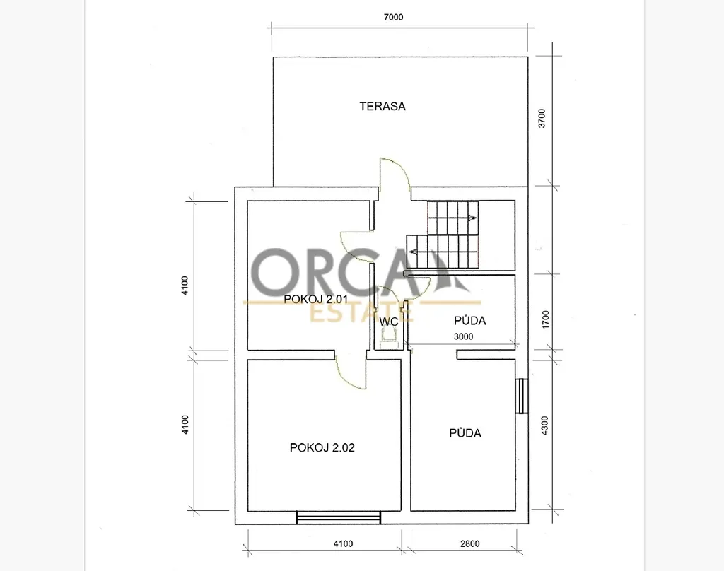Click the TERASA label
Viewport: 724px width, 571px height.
pyautogui.click(x=383, y=106)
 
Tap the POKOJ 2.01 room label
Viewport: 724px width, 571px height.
pyautogui.click(x=316, y=299)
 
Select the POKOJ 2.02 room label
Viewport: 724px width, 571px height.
pyautogui.click(x=322, y=447)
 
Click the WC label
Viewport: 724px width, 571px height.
pyautogui.click(x=389, y=322)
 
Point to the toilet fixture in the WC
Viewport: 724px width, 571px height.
pyautogui.click(x=388, y=341)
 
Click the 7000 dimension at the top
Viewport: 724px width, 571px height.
pyautogui.click(x=393, y=17)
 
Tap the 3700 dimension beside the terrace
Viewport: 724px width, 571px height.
pyautogui.click(x=542, y=118)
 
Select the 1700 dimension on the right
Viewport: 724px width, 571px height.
pyautogui.click(x=546, y=319)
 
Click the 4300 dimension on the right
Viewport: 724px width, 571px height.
pyautogui.click(x=545, y=425)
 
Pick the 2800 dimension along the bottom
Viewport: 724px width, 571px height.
pyautogui.click(x=469, y=543)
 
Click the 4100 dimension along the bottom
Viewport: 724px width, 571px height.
pyautogui.click(x=343, y=543)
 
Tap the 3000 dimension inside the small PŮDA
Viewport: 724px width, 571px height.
pyautogui.click(x=463, y=336)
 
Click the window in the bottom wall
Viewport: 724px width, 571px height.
pyautogui.click(x=339, y=517)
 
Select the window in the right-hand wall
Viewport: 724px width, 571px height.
pyautogui.click(x=521, y=396)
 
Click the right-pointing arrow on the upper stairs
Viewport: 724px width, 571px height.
pyautogui.click(x=472, y=218)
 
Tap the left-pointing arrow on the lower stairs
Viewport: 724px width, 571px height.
pyautogui.click(x=413, y=252)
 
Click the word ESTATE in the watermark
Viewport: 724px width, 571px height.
pyautogui.click(x=361, y=313)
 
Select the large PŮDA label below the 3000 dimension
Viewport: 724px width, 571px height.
pyautogui.click(x=465, y=432)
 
